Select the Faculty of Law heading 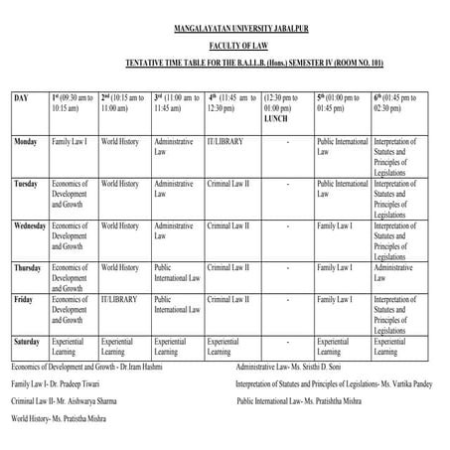[225, 45]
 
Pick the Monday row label [26, 142]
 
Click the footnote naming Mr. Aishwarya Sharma [72, 401]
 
